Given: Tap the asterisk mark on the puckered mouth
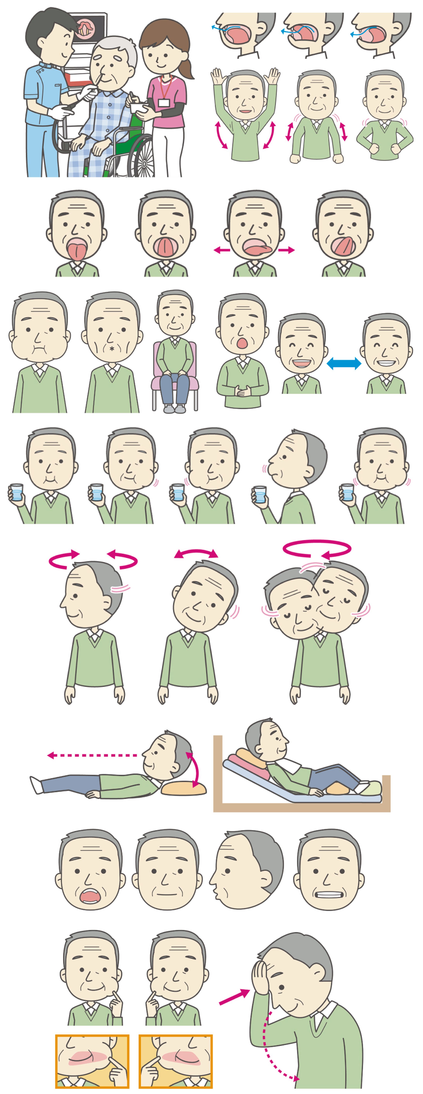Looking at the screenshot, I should coord(112,349).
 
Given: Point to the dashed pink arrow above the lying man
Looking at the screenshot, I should coord(91,755).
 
